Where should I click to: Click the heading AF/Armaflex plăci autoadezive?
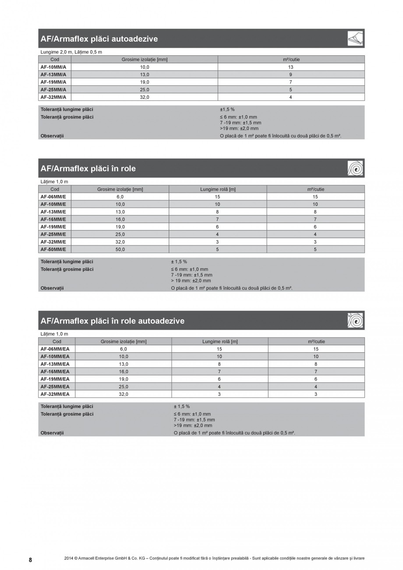pyautogui.click(x=99, y=39)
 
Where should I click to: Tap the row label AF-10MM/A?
pyautogui.click(x=53, y=67)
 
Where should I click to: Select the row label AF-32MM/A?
pyautogui.click(x=53, y=97)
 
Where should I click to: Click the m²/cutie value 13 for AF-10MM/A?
pyautogui.click(x=291, y=67)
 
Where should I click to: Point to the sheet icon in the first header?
pyautogui.click(x=355, y=39)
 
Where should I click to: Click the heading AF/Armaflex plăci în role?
pyautogui.click(x=88, y=168)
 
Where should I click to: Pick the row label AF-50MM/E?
pyautogui.click(x=53, y=249)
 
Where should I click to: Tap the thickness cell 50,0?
pyautogui.click(x=120, y=249)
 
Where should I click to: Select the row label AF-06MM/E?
pyautogui.click(x=53, y=197)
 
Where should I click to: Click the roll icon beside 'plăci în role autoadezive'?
pyautogui.click(x=355, y=320)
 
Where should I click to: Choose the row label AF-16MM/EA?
pyautogui.click(x=55, y=372)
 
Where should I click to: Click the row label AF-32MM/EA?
pyautogui.click(x=55, y=394)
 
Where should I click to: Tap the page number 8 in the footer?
pyautogui.click(x=30, y=560)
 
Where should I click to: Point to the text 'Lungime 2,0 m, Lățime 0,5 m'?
pyautogui.click(x=71, y=52)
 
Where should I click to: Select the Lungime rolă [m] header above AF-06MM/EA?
pyautogui.click(x=219, y=341)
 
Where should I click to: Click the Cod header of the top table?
pyautogui.click(x=55, y=60)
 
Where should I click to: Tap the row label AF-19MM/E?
pyautogui.click(x=53, y=227)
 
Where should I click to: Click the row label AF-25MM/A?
pyautogui.click(x=53, y=89)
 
